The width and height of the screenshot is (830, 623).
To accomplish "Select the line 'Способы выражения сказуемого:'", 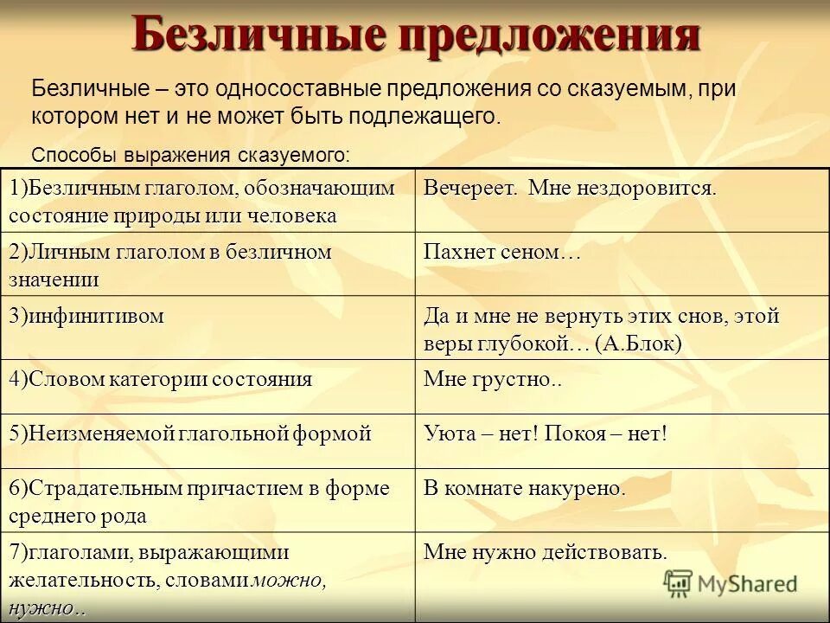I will (x=190, y=155).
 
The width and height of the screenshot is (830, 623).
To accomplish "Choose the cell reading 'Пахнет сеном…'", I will (x=501, y=253).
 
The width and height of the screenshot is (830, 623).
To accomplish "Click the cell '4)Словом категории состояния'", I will (x=161, y=380).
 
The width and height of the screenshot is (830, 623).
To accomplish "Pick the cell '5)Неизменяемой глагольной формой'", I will (x=190, y=434).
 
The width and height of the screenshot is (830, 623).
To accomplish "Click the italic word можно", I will (x=289, y=581).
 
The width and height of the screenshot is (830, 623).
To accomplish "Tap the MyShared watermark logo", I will (x=731, y=582).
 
